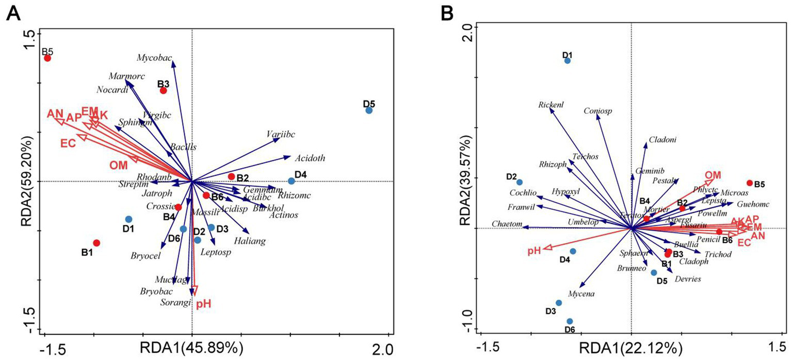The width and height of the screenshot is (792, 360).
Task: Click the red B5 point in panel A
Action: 47,58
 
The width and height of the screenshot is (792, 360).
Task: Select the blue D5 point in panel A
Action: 369,110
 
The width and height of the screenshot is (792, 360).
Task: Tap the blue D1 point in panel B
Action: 568,61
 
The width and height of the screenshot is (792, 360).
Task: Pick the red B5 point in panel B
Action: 749,183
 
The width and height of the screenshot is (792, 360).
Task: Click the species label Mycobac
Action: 154,58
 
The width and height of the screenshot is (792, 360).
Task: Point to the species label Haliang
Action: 249,241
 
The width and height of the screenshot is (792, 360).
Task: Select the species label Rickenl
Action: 551,104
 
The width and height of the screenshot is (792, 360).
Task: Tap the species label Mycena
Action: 581,294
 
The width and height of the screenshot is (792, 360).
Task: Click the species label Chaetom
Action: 507,224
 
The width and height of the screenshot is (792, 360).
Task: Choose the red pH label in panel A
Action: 204,304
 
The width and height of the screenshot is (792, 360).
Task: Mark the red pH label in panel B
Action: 534,251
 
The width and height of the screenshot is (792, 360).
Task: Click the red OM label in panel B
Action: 713,175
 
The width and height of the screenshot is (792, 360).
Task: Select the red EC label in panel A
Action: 68,143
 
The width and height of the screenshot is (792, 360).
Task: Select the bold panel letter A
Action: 13,14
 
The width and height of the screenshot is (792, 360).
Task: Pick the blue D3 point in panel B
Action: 558,303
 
